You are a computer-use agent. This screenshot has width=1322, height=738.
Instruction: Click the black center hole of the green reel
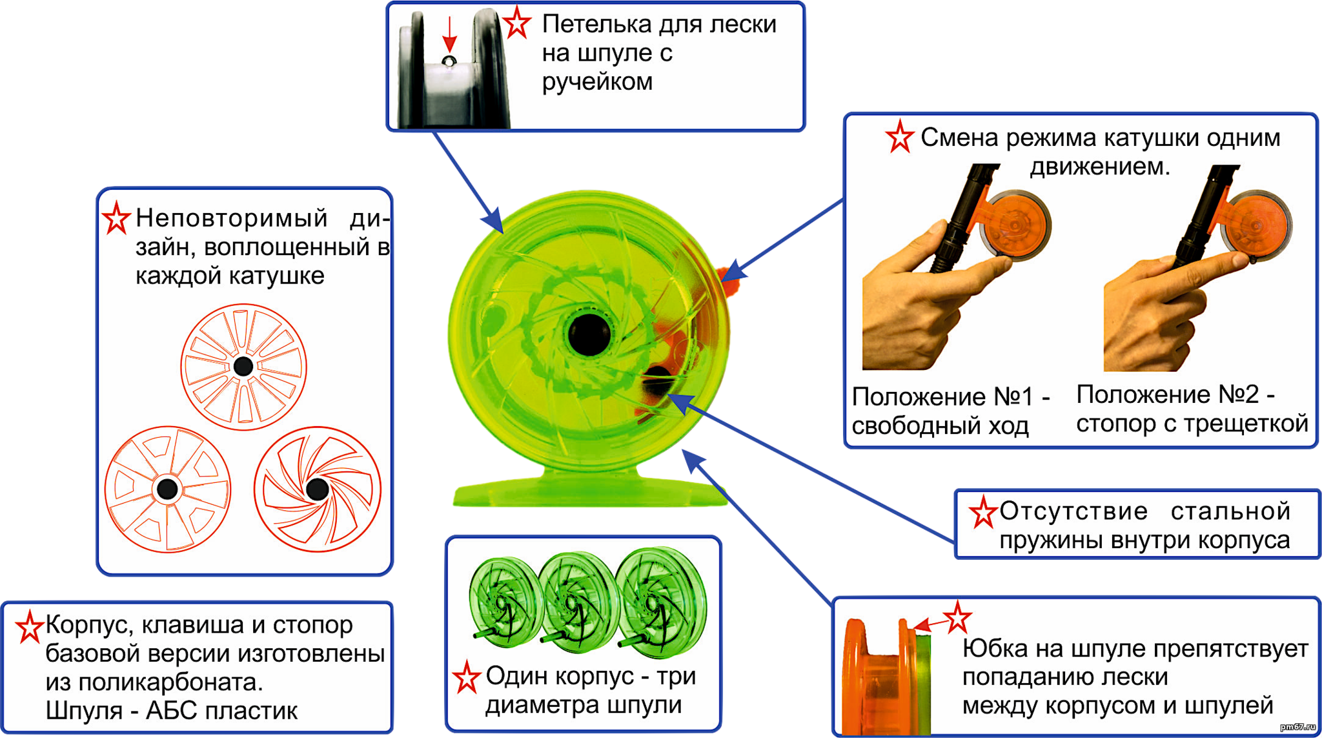589,334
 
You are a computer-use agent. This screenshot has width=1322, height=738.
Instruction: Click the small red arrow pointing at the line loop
449,36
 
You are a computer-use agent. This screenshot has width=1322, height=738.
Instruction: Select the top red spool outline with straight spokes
243,366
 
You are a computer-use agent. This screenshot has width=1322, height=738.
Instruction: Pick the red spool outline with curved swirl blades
317,489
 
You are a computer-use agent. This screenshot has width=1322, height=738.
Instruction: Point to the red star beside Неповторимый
116,218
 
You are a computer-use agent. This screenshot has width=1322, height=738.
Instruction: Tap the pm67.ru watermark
1297,727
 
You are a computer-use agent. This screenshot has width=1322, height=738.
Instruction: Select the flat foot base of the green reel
587,494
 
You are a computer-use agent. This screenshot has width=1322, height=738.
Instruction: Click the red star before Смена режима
899,138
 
